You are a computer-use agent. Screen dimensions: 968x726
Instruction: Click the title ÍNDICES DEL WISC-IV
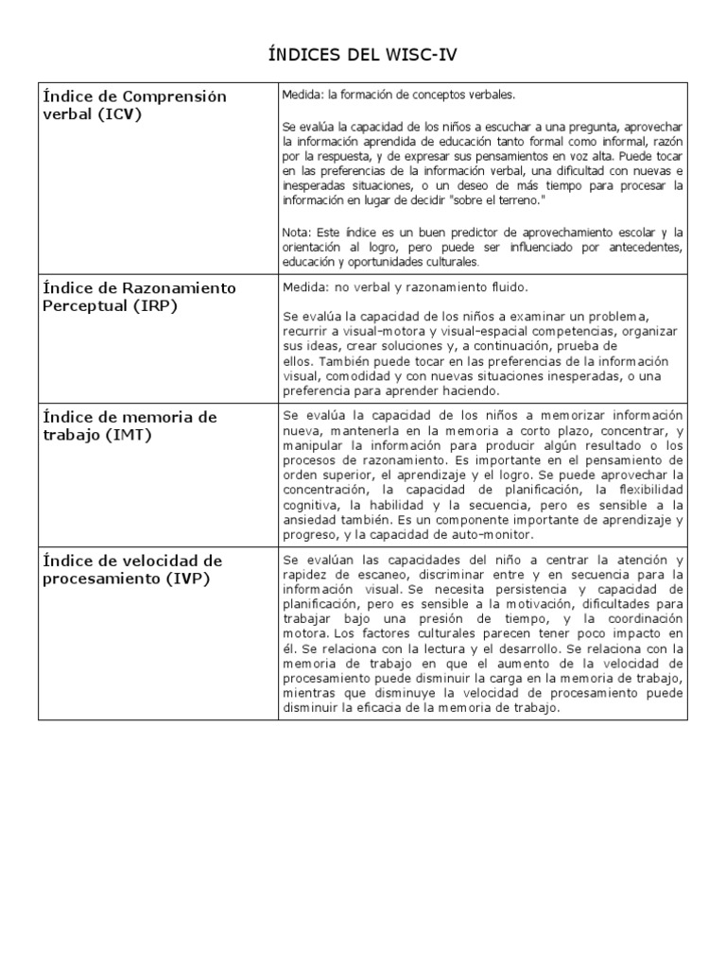(x=363, y=55)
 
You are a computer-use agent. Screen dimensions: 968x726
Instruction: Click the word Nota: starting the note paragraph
(x=296, y=232)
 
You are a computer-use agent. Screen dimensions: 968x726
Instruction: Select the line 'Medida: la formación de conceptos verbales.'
(x=399, y=95)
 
